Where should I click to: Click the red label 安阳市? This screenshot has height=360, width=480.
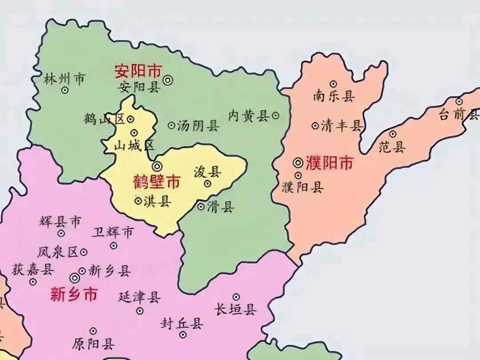click(138, 71)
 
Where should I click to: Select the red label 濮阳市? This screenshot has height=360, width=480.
click(329, 163)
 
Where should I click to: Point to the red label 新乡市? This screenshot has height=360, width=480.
click(74, 294)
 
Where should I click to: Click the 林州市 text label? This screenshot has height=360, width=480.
click(64, 79)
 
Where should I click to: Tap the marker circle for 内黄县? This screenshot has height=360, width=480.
click(276, 116)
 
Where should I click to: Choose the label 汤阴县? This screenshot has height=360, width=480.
click(198, 126)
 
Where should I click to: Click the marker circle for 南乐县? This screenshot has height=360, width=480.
click(333, 84)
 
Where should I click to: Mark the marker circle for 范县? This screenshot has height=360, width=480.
click(393, 133)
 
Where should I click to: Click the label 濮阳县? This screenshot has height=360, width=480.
click(302, 187)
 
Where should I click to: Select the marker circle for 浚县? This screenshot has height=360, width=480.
click(208, 183)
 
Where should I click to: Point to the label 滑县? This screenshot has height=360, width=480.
click(220, 207)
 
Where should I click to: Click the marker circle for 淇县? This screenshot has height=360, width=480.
click(138, 201)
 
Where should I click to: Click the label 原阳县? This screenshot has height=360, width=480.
click(93, 344)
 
